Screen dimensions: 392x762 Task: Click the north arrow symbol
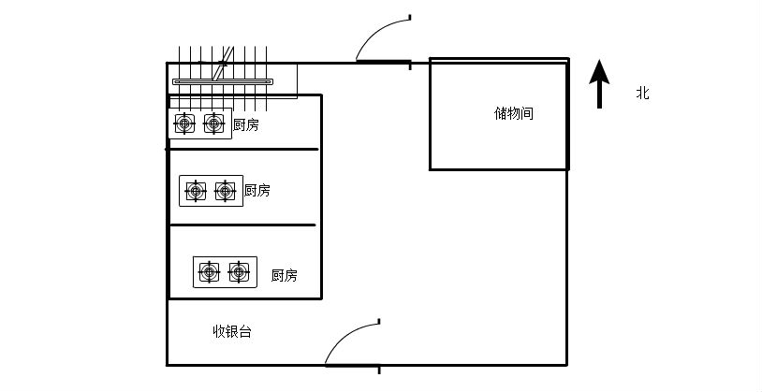[x=599, y=82]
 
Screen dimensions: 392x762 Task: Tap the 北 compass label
[x=642, y=93]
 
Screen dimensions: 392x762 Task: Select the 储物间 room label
[x=514, y=113]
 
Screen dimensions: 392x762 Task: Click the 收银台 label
[x=231, y=331]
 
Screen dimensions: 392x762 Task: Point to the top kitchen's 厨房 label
[x=246, y=124]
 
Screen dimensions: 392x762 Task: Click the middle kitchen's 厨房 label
[x=257, y=190]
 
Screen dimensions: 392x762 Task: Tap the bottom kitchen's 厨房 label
[x=285, y=275]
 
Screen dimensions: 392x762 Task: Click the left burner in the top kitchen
[x=185, y=123]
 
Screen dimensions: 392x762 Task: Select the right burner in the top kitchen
[x=214, y=123]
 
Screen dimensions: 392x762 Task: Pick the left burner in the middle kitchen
[x=196, y=191]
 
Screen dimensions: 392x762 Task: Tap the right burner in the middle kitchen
[x=225, y=191]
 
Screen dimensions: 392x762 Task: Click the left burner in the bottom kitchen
[x=210, y=272]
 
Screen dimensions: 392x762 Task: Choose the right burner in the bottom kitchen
[x=240, y=272]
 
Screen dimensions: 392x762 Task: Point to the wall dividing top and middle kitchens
[x=243, y=149]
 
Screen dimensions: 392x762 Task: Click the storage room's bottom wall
[x=499, y=169]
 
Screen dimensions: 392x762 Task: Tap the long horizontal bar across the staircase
[x=223, y=81]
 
